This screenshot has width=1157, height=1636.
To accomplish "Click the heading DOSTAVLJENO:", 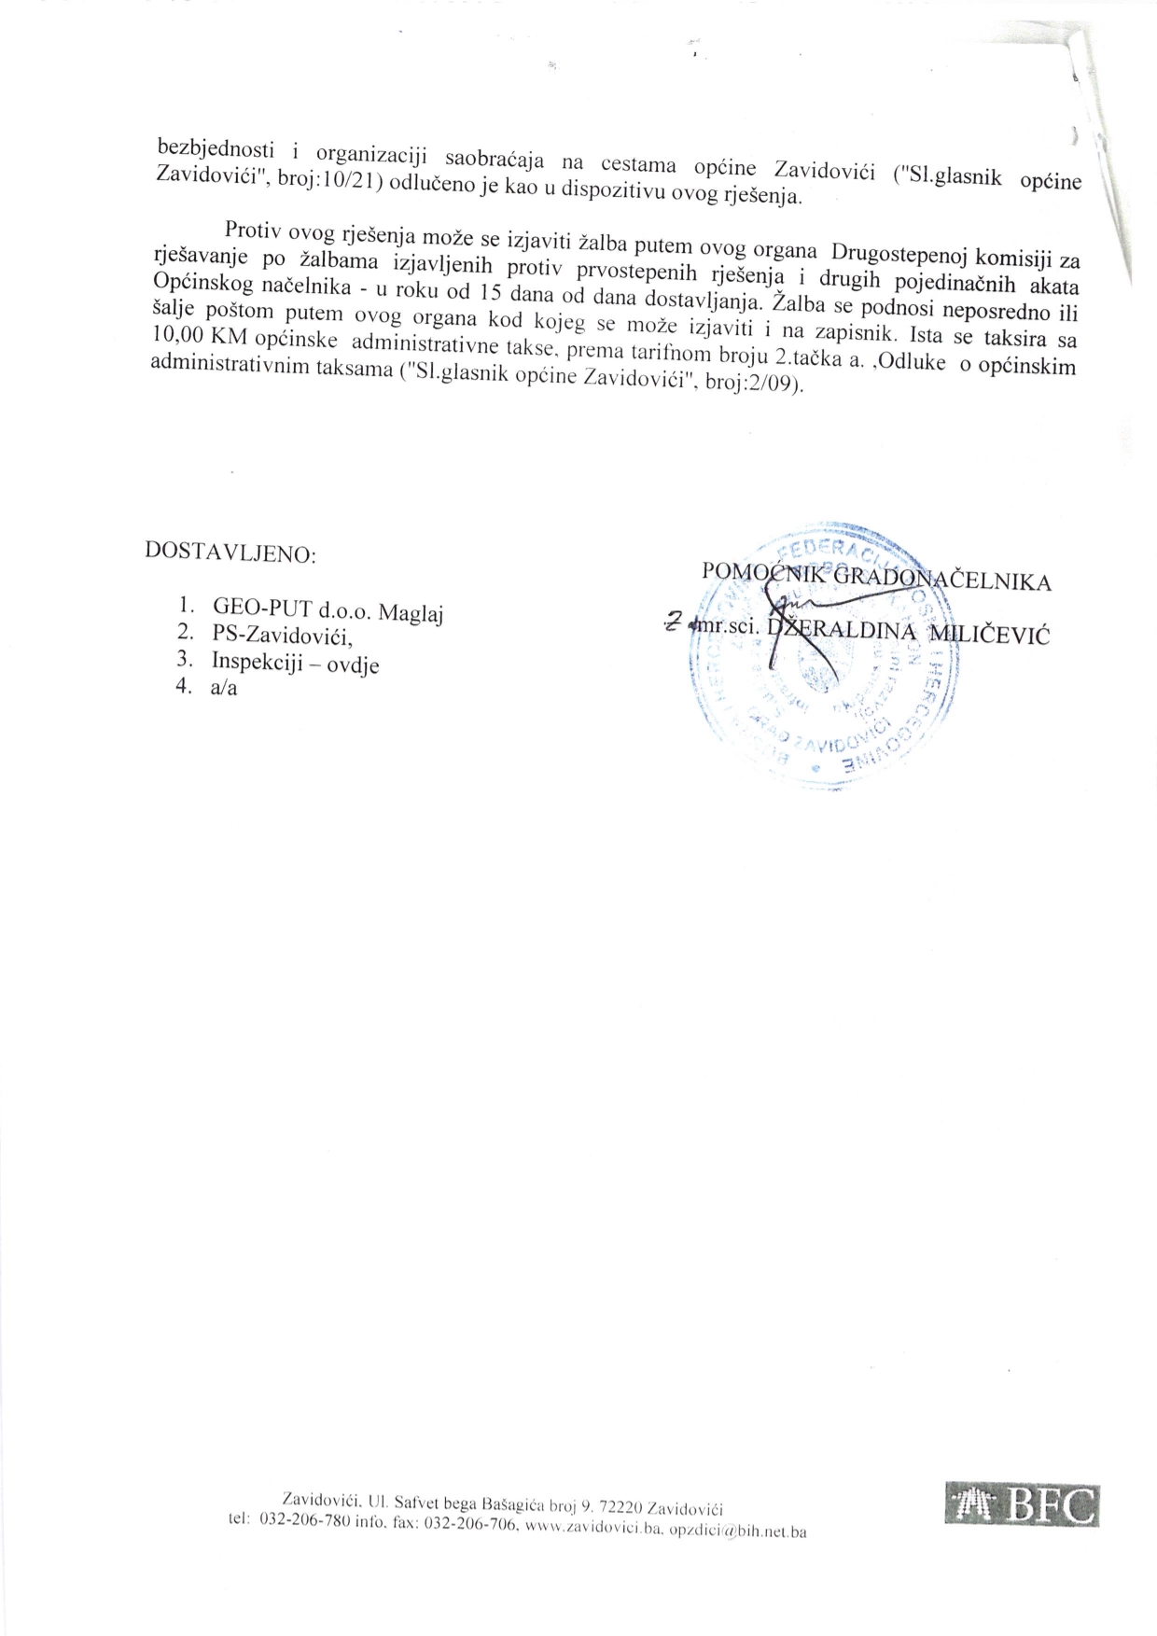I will click(230, 553).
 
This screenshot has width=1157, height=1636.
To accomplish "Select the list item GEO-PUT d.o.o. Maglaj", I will click(327, 612).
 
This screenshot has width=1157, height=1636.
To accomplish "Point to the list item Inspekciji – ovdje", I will click(295, 663).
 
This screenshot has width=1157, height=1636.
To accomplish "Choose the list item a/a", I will click(224, 689).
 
